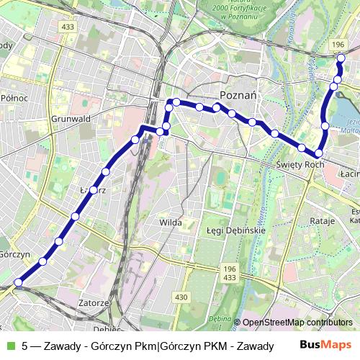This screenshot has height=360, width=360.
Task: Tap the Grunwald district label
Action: [x=70, y=120]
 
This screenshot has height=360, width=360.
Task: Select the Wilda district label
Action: [x=170, y=223]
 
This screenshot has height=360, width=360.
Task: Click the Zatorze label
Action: [x=93, y=303]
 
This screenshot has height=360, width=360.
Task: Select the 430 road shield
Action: [x=181, y=297]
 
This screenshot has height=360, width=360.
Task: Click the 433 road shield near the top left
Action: [x=68, y=27]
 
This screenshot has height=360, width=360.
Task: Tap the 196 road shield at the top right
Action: [x=338, y=45]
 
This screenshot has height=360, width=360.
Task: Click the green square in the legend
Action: [x=9, y=346]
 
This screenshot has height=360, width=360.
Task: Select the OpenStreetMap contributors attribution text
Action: [x=297, y=323]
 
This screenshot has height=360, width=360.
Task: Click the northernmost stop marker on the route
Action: [x=341, y=58]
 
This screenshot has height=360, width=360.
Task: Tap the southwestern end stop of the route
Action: [x=18, y=283]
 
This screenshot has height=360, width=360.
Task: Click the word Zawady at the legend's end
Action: [x=253, y=346]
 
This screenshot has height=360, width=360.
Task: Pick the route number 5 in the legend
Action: [x=26, y=346]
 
